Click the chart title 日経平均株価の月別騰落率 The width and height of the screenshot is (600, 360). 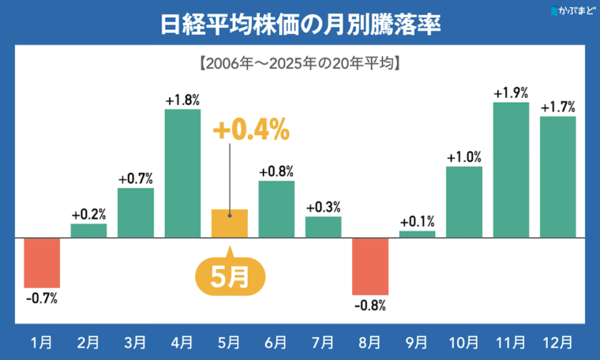[x=299, y=23]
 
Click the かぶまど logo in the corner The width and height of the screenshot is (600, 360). [x=570, y=11]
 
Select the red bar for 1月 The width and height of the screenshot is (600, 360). [x=42, y=262]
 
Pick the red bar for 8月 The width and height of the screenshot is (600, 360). [x=369, y=265]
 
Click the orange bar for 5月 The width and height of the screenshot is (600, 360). [x=229, y=223]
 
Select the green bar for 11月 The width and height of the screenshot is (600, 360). [x=511, y=170]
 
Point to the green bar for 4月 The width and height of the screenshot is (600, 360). [x=182, y=173]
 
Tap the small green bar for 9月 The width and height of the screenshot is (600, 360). [x=417, y=234]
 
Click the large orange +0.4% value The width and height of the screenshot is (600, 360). [x=251, y=129]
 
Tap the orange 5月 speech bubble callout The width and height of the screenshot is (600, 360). [x=229, y=276]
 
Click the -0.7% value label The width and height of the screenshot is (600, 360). [x=42, y=298]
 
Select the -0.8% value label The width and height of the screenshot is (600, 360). [x=369, y=305]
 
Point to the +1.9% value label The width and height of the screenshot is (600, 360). [x=511, y=92]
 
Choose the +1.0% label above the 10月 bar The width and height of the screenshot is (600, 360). [x=463, y=156]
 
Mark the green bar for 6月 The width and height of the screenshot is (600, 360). [x=276, y=209]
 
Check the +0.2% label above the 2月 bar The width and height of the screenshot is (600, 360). [x=88, y=214]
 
